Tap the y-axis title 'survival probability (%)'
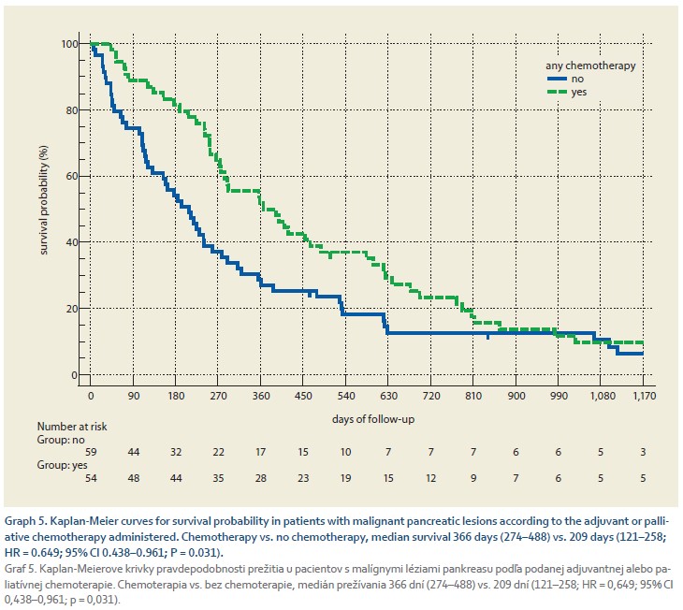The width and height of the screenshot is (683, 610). (43, 209)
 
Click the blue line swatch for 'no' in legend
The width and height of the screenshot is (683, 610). (559, 79)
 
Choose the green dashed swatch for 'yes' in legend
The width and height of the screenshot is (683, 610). (559, 92)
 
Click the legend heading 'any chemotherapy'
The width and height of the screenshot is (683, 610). (590, 65)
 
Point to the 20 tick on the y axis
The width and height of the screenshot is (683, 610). (71, 309)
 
